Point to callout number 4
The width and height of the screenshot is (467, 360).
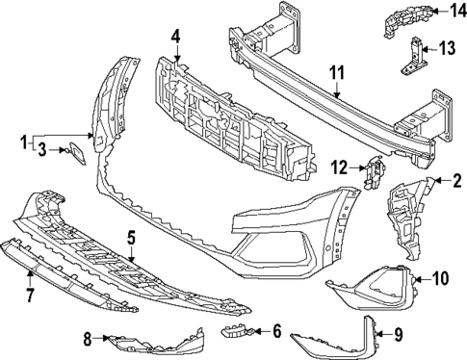coord(176,38)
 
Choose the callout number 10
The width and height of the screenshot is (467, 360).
coord(441,279)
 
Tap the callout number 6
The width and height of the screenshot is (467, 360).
coord(275,331)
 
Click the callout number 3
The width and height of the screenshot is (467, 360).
coord(41,149)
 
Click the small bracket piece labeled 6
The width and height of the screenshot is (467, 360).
coord(238,332)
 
